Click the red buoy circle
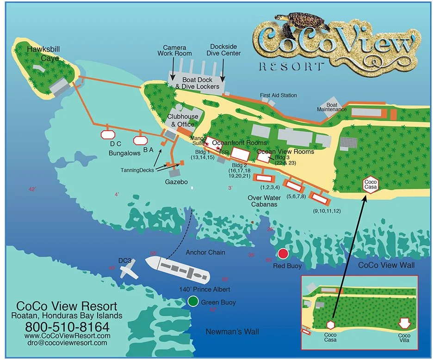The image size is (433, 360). pyautogui.click(x=283, y=253)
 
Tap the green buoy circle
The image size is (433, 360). pyautogui.click(x=193, y=302)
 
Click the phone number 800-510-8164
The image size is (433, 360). pyautogui.click(x=67, y=326)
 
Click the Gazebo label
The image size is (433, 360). pyautogui.click(x=176, y=183)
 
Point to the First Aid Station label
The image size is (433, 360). pyautogui.click(x=278, y=96)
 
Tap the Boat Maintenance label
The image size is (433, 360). pyautogui.click(x=332, y=107)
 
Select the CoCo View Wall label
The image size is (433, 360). pyautogui.click(x=387, y=265)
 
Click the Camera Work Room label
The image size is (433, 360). pyautogui.click(x=174, y=50)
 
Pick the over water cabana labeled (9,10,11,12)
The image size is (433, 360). pyautogui.click(x=319, y=198)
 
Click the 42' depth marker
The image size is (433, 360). pyautogui.click(x=32, y=189)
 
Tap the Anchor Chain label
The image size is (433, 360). pyautogui.click(x=205, y=253)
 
